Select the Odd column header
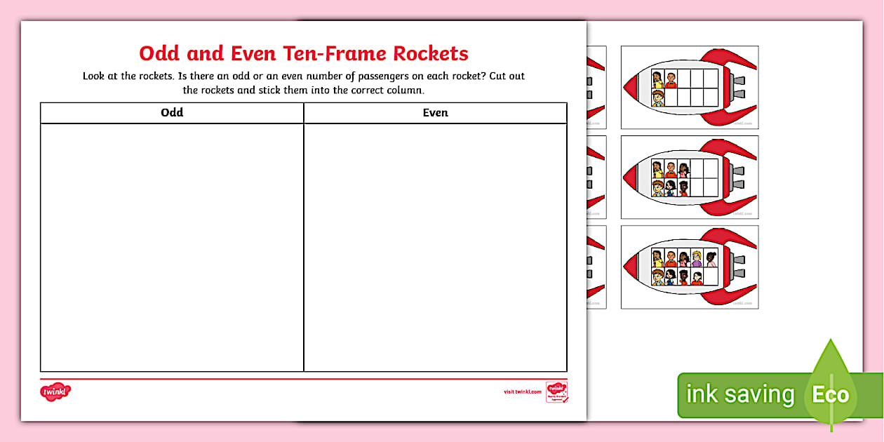click(x=172, y=112)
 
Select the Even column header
click(x=435, y=112)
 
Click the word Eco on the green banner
click(x=831, y=394)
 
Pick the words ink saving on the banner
click(x=739, y=394)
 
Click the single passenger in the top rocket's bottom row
click(x=658, y=98)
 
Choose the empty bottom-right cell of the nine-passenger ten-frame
click(x=711, y=277)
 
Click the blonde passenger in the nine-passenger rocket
click(x=697, y=258)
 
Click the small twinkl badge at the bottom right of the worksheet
click(x=557, y=391)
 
